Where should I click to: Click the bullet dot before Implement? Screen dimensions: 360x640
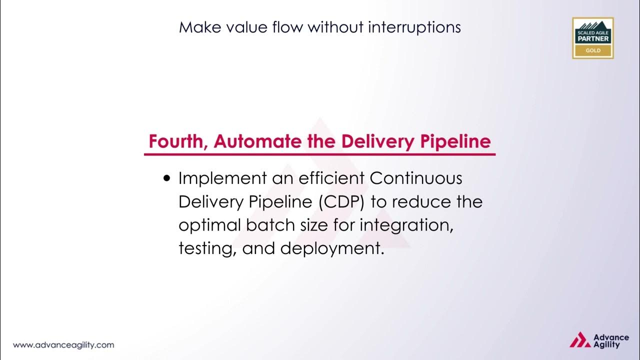(167, 178)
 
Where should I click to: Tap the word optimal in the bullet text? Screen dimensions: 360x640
(210, 225)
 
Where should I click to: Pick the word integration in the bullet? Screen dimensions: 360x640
(406, 225)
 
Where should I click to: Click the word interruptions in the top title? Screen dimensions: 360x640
(414, 27)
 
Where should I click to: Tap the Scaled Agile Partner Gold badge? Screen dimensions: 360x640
(592, 38)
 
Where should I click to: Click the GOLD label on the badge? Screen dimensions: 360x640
(592, 50)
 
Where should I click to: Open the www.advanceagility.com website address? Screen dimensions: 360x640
(63, 345)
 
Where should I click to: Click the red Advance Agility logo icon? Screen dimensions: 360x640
(579, 340)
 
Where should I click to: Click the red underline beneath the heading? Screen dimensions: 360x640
(319, 154)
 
